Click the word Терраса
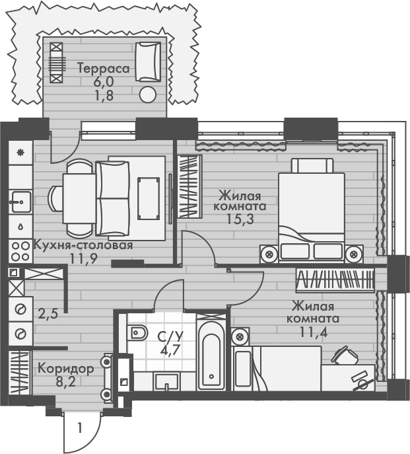[x=102, y=68]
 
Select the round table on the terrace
[x=149, y=94]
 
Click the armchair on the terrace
[x=147, y=61]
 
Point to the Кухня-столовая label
[x=83, y=245]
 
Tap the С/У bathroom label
[x=170, y=336]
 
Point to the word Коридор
[x=65, y=368]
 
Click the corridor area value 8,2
[x=65, y=381]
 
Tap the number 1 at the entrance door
[x=79, y=428]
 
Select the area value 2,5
[x=47, y=313]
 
